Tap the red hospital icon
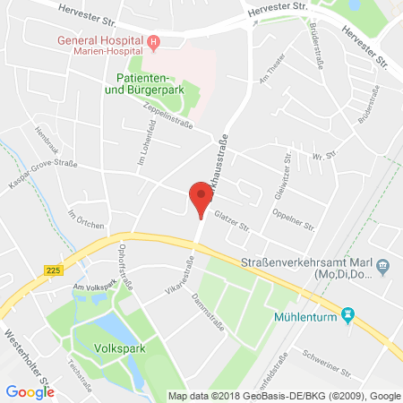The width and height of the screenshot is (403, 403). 154,40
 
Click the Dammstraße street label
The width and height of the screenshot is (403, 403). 204,302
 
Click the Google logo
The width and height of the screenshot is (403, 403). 30,390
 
